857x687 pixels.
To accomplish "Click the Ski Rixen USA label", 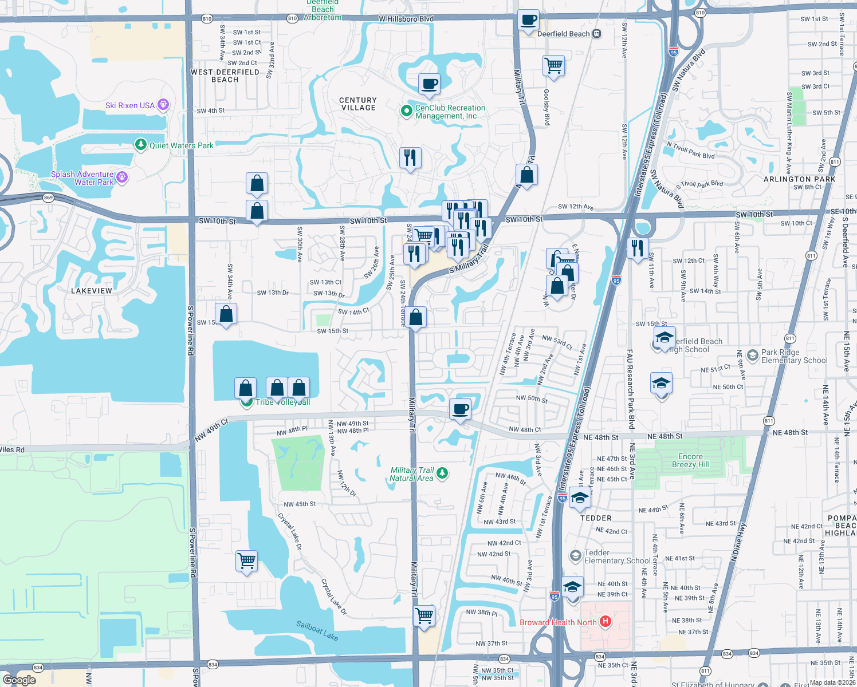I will [x=130, y=105].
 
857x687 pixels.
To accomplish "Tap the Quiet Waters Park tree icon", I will [x=141, y=145].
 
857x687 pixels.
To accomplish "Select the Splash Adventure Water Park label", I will [x=82, y=178].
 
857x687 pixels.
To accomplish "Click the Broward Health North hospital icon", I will [x=606, y=622].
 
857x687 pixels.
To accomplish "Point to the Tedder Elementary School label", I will [x=617, y=556].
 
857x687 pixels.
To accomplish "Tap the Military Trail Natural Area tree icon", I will [x=442, y=473].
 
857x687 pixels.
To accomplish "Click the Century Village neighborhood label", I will [x=359, y=104].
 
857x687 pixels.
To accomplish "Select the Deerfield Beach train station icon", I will [x=597, y=34].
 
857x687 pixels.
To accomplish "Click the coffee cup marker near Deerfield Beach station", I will [x=529, y=21].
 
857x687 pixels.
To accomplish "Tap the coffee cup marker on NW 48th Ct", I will [x=460, y=409].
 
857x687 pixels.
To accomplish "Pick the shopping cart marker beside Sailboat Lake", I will [x=246, y=561].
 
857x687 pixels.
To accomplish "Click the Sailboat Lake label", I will [x=317, y=630].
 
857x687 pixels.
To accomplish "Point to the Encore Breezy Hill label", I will [x=690, y=460].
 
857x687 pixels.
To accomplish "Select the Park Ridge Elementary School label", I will [x=794, y=356].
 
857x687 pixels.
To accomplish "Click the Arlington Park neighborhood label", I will [x=799, y=179].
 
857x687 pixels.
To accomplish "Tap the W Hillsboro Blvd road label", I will [x=406, y=19].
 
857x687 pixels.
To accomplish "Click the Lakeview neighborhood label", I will [x=92, y=291].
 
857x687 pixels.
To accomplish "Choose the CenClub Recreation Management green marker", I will [x=407, y=110].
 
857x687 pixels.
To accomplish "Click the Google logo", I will [x=19, y=680].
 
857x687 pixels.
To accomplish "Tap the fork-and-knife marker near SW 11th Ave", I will [x=638, y=249].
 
